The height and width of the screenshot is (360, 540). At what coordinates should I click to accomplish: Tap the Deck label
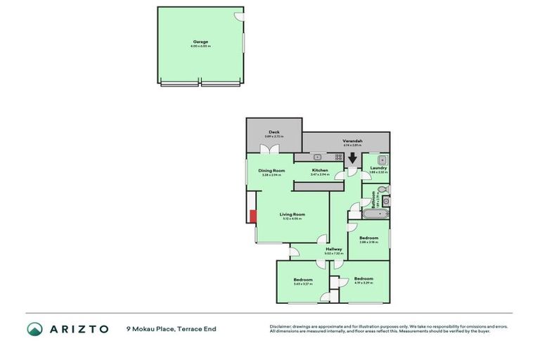pyautogui.click(x=274, y=134)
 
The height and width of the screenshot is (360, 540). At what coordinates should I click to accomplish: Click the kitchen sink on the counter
pyautogui.click(x=318, y=156)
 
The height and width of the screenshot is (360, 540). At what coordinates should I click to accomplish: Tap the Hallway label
pyautogui.click(x=333, y=250)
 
